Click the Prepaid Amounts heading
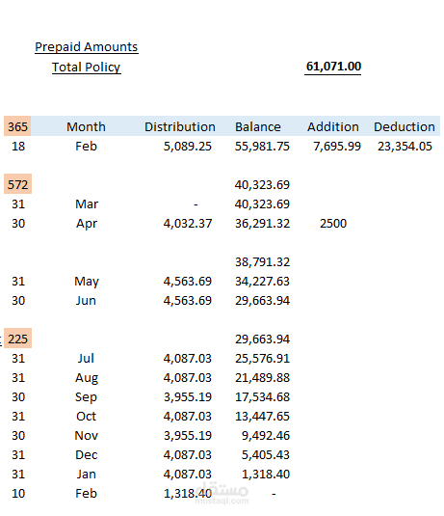pyautogui.click(x=87, y=47)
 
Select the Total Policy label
pyautogui.click(x=87, y=68)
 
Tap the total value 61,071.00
pyautogui.click(x=333, y=67)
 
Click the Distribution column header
pyautogui.click(x=180, y=127)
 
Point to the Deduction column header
pyautogui.click(x=405, y=127)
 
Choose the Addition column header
pyautogui.click(x=333, y=127)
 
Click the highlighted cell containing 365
pyautogui.click(x=17, y=126)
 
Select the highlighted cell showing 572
pyautogui.click(x=17, y=184)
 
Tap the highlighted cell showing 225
pyautogui.click(x=17, y=339)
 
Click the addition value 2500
pyautogui.click(x=333, y=224)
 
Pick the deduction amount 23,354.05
pyautogui.click(x=405, y=147)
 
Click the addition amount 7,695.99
pyautogui.click(x=337, y=147)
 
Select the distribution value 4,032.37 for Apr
pyautogui.click(x=188, y=224)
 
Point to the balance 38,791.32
pyautogui.click(x=262, y=262)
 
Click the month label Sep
pyautogui.click(x=86, y=397)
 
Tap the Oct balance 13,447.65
pyautogui.click(x=262, y=417)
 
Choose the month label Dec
pyautogui.click(x=86, y=455)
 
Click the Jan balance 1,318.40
pyautogui.click(x=266, y=475)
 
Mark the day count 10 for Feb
pyautogui.click(x=18, y=494)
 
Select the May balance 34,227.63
pyautogui.click(x=262, y=282)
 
